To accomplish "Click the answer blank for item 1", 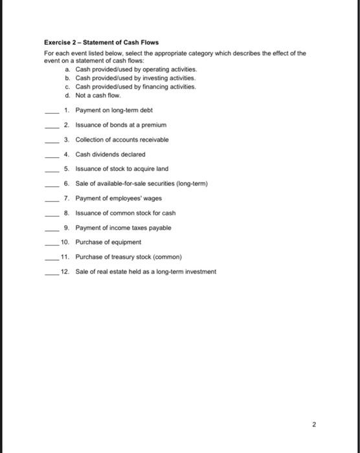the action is [x=51, y=111].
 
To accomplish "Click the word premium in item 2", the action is [x=155, y=125].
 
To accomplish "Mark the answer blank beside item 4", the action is [x=51, y=155].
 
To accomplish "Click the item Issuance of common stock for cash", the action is [x=126, y=212].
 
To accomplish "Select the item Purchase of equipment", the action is [x=108, y=242].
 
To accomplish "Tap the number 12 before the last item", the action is [x=64, y=272].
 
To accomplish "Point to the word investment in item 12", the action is [x=200, y=272].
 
